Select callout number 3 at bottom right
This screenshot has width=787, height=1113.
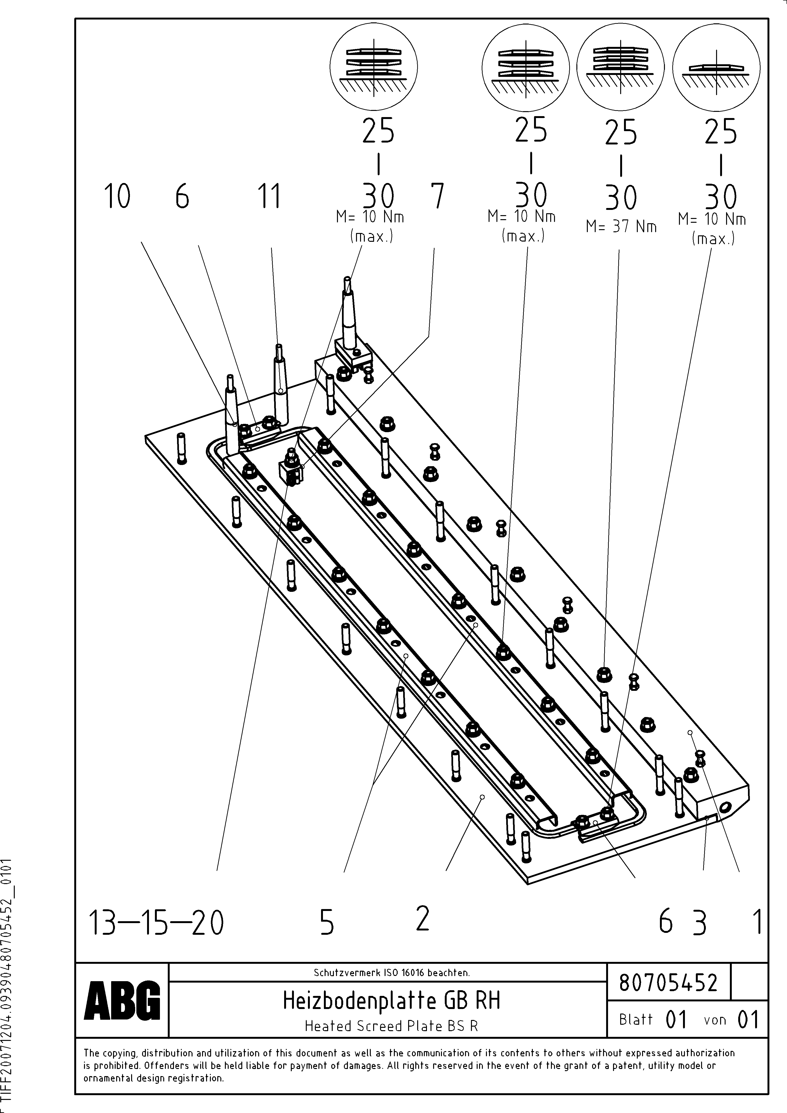click(x=699, y=923)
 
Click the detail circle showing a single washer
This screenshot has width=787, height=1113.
click(x=716, y=66)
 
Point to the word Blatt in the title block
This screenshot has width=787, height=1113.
click(x=636, y=1019)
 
